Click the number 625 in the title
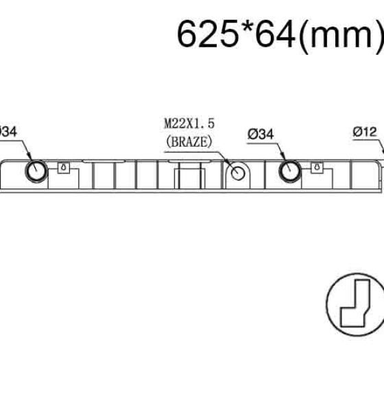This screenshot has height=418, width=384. [x=208, y=35]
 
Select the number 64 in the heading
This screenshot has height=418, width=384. [x=275, y=35]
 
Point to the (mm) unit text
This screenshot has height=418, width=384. [x=341, y=37]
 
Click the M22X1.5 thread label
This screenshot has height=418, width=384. [x=189, y=124]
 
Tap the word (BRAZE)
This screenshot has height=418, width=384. [x=189, y=142]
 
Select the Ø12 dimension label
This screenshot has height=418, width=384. [x=365, y=132]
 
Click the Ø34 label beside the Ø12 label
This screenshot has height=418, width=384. [x=261, y=134]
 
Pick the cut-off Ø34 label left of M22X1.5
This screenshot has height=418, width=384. [x=8, y=132]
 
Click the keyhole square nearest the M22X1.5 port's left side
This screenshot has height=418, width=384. [x=64, y=168]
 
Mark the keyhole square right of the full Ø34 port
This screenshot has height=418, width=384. [x=317, y=168]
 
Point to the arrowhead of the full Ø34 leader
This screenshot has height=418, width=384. [x=284, y=157]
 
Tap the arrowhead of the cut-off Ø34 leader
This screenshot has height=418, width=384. [x=29, y=156]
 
